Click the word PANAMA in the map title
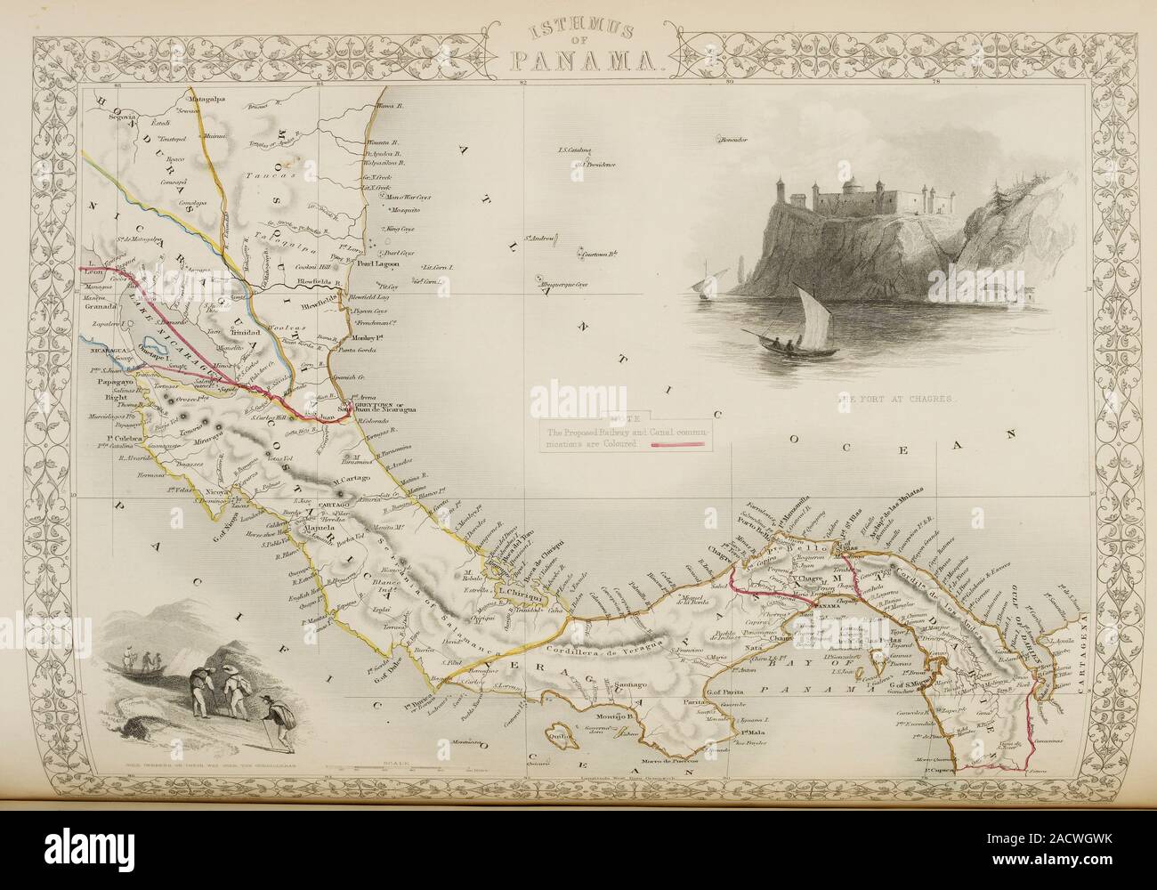point(583,60)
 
